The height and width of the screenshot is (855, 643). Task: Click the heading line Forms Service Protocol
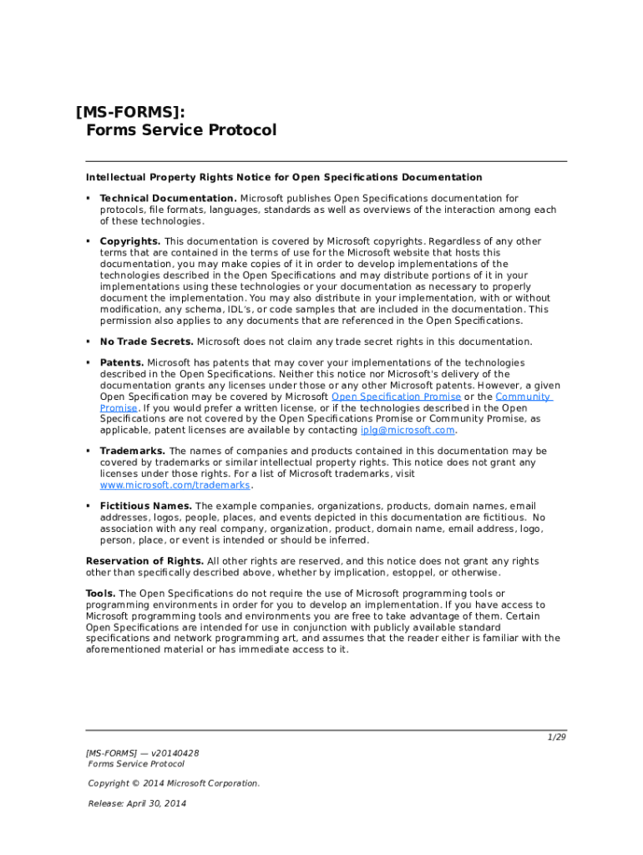pos(180,131)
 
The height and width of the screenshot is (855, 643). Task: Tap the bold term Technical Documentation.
pos(168,199)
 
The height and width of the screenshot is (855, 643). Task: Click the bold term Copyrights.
pos(130,241)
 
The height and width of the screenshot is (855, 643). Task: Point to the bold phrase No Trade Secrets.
pos(146,341)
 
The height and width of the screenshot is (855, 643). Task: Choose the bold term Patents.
pos(122,362)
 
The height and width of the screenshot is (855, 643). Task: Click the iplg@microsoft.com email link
pos(408,430)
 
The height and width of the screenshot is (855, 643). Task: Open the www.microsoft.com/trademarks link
pos(175,485)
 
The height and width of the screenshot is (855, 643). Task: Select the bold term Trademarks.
pos(132,451)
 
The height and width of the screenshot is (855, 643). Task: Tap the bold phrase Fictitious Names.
pos(146,506)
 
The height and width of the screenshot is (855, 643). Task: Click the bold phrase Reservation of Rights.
pos(144,561)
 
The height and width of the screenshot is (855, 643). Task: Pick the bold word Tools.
pos(100,594)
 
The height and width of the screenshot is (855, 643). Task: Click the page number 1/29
pos(556,738)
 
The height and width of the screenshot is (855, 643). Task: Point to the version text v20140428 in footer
pos(175,753)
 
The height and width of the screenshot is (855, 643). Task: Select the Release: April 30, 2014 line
pos(137,803)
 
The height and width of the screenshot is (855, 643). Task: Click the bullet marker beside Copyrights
pos(88,241)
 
